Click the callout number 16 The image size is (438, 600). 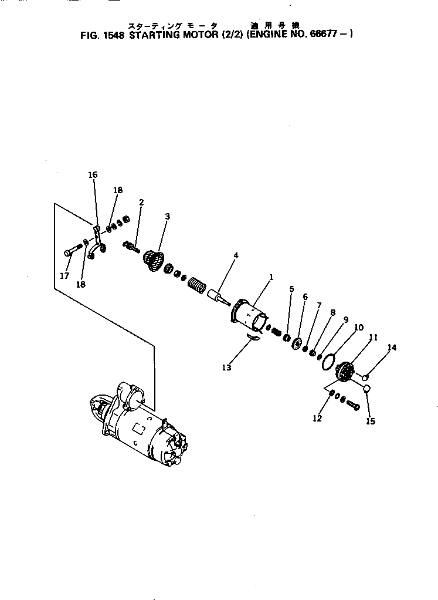point(93,175)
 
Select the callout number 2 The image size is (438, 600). point(141,203)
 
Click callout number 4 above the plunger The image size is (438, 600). point(236,255)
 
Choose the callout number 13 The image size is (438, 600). point(226,368)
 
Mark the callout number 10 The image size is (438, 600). point(359,327)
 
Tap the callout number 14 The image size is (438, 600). point(392,348)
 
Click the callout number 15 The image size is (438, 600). point(371,421)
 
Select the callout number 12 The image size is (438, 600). point(317,419)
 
